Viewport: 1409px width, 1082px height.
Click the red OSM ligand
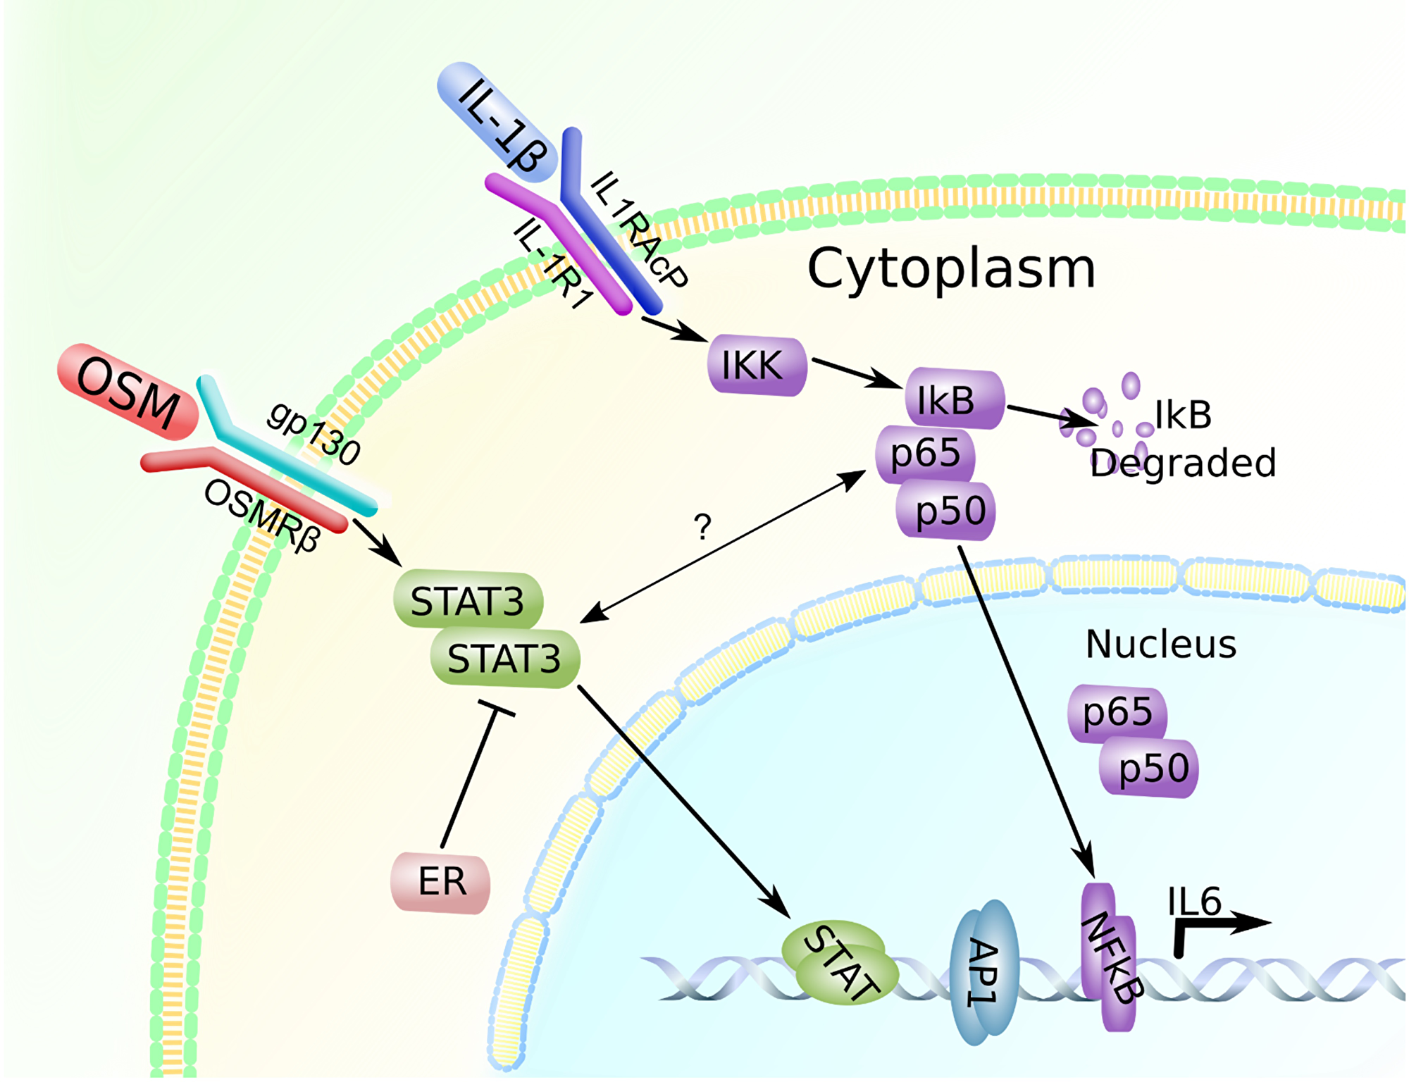(x=128, y=392)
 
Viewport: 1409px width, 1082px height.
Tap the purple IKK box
(x=757, y=365)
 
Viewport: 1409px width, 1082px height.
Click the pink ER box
(x=441, y=882)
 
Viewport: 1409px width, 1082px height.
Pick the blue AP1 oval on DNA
(x=984, y=972)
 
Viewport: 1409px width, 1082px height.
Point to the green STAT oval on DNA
(x=840, y=962)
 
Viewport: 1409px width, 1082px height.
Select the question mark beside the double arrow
(x=702, y=527)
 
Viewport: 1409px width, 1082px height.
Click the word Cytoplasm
(x=951, y=268)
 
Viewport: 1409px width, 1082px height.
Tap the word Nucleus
(x=1160, y=644)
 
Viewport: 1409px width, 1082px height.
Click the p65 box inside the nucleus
(x=1117, y=713)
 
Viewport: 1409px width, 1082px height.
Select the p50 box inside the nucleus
(x=1153, y=768)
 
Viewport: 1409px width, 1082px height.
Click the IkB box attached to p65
(x=955, y=399)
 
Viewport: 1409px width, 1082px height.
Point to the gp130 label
(x=314, y=433)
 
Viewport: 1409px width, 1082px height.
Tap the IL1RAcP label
(x=638, y=229)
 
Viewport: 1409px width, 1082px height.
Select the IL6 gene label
(x=1193, y=901)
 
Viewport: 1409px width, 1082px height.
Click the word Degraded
(x=1183, y=463)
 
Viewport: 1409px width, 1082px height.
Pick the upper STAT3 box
(x=468, y=601)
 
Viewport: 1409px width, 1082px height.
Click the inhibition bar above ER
(x=497, y=709)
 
